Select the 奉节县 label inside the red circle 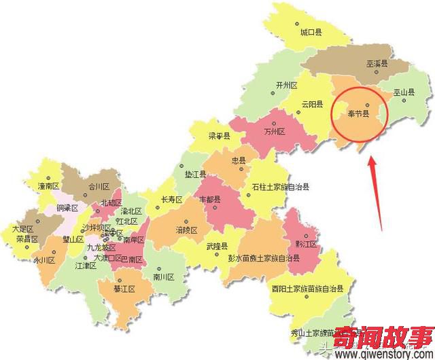(358, 113)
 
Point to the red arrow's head (370, 160)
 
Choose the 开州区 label (287, 86)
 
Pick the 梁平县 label (219, 136)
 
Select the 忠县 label (239, 161)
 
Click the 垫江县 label (195, 175)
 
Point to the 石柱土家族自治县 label (280, 185)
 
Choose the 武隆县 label (217, 247)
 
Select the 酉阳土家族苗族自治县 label (307, 288)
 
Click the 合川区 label (99, 185)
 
